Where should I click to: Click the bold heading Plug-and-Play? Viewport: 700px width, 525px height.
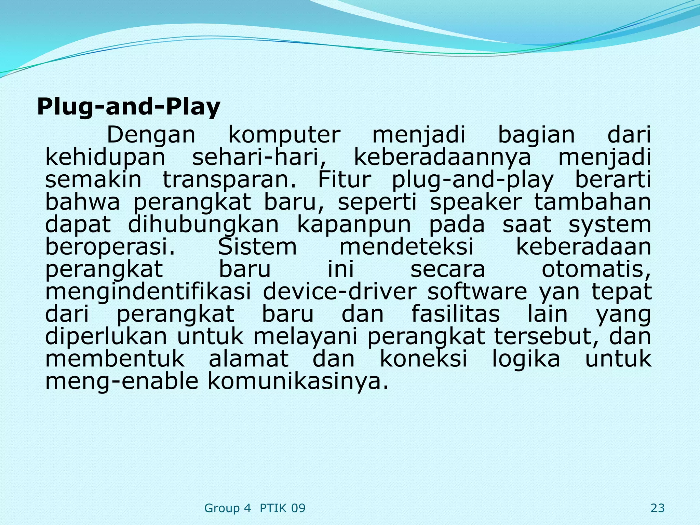point(129,107)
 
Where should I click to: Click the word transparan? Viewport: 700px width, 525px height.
point(229,180)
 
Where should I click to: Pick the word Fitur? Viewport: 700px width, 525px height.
point(344,180)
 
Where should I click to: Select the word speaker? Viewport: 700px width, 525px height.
point(476,202)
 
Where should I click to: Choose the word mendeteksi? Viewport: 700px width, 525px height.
point(406,247)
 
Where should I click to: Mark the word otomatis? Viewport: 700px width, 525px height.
point(596,269)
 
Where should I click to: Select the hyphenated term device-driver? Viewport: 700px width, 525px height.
point(339,292)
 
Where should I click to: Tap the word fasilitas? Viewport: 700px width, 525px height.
point(455,314)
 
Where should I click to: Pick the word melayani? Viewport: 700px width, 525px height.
point(305,336)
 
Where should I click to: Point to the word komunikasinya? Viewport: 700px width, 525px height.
point(298,381)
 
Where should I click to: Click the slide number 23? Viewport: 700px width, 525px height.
point(658,508)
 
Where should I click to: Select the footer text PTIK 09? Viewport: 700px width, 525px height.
point(283,508)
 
